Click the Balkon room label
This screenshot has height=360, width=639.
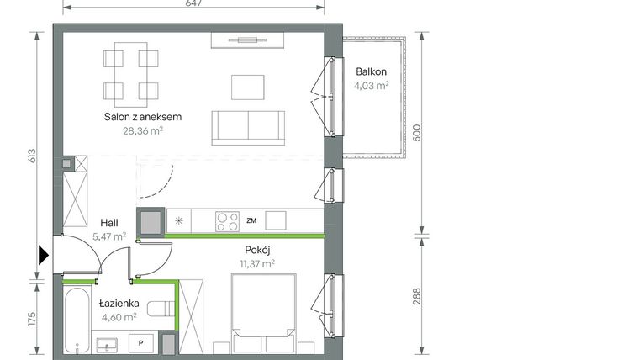(x=370, y=71)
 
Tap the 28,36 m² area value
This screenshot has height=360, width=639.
(x=142, y=130)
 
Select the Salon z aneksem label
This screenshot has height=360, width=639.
(x=143, y=117)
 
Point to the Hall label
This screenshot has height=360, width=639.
(x=108, y=222)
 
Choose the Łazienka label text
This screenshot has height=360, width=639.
(x=118, y=303)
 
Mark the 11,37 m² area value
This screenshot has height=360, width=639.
(x=256, y=263)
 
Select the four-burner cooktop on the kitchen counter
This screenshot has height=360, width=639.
(x=226, y=221)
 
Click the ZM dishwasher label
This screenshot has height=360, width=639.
(x=251, y=221)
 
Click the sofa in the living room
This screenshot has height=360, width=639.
(x=247, y=126)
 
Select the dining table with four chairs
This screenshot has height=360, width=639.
(x=130, y=74)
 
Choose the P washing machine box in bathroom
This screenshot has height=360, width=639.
(x=140, y=343)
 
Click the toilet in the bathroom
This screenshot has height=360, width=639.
(x=161, y=312)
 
